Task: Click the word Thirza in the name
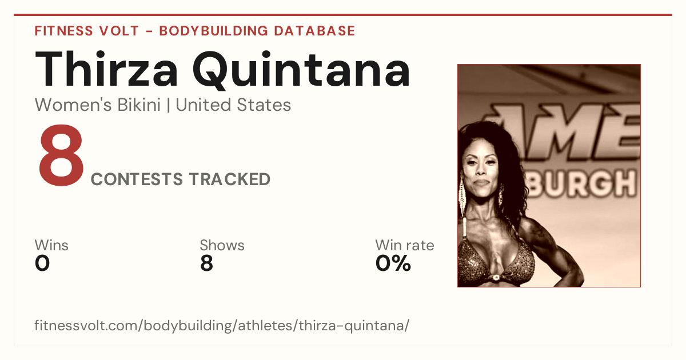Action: click(x=106, y=69)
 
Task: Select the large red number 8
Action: click(x=61, y=155)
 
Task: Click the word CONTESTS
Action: click(x=137, y=179)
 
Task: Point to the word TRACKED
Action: click(x=230, y=179)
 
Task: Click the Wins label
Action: click(x=51, y=245)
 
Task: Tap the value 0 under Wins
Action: click(x=42, y=263)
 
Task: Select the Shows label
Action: click(x=222, y=245)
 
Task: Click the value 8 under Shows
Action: click(x=206, y=263)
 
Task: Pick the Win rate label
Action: click(x=405, y=245)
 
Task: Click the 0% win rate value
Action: click(x=393, y=263)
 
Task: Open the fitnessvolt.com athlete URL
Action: click(x=222, y=325)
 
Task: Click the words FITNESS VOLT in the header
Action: click(x=87, y=31)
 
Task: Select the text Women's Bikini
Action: click(x=98, y=105)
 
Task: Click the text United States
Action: click(x=233, y=105)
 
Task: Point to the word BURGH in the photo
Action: click(x=582, y=183)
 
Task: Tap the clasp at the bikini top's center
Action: click(x=495, y=278)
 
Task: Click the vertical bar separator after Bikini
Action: click(x=168, y=105)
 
